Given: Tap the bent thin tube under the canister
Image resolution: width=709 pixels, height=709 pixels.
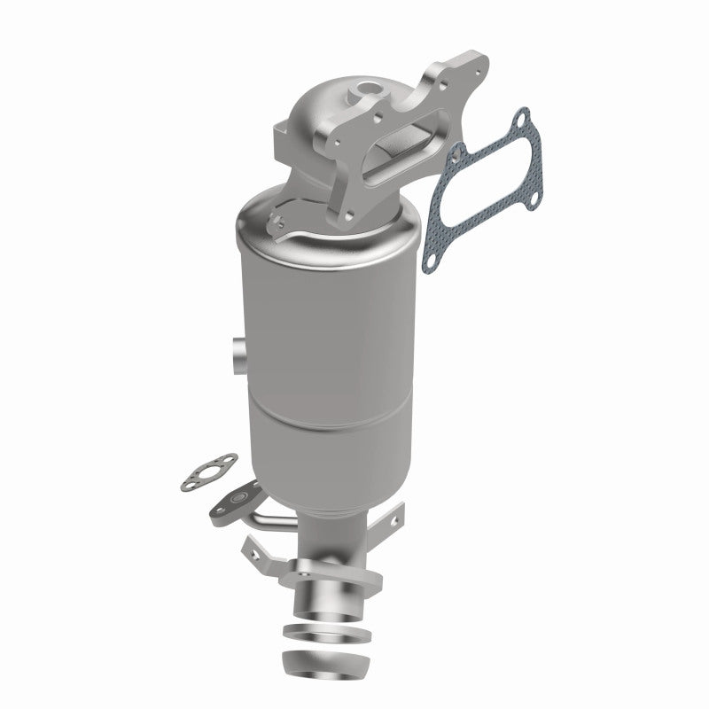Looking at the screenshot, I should point(266,518).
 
